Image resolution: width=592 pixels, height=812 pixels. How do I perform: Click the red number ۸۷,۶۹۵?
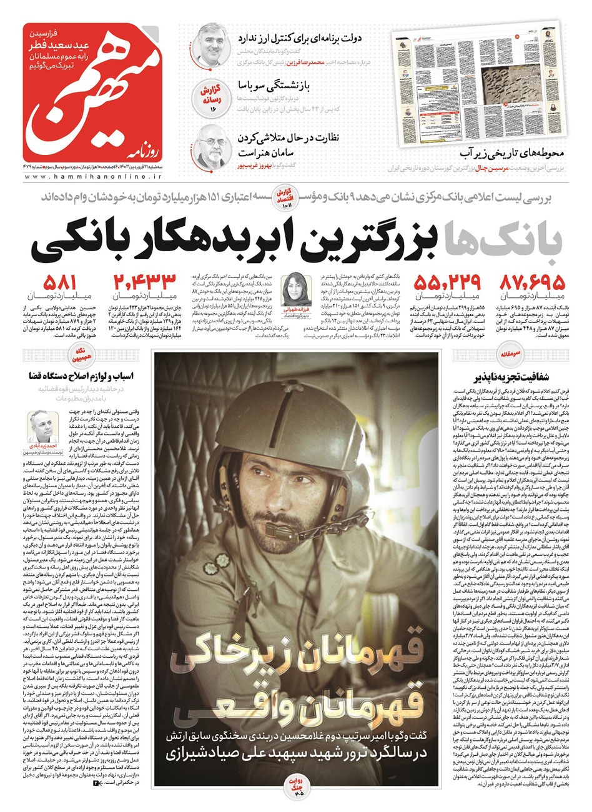click(532, 282)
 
